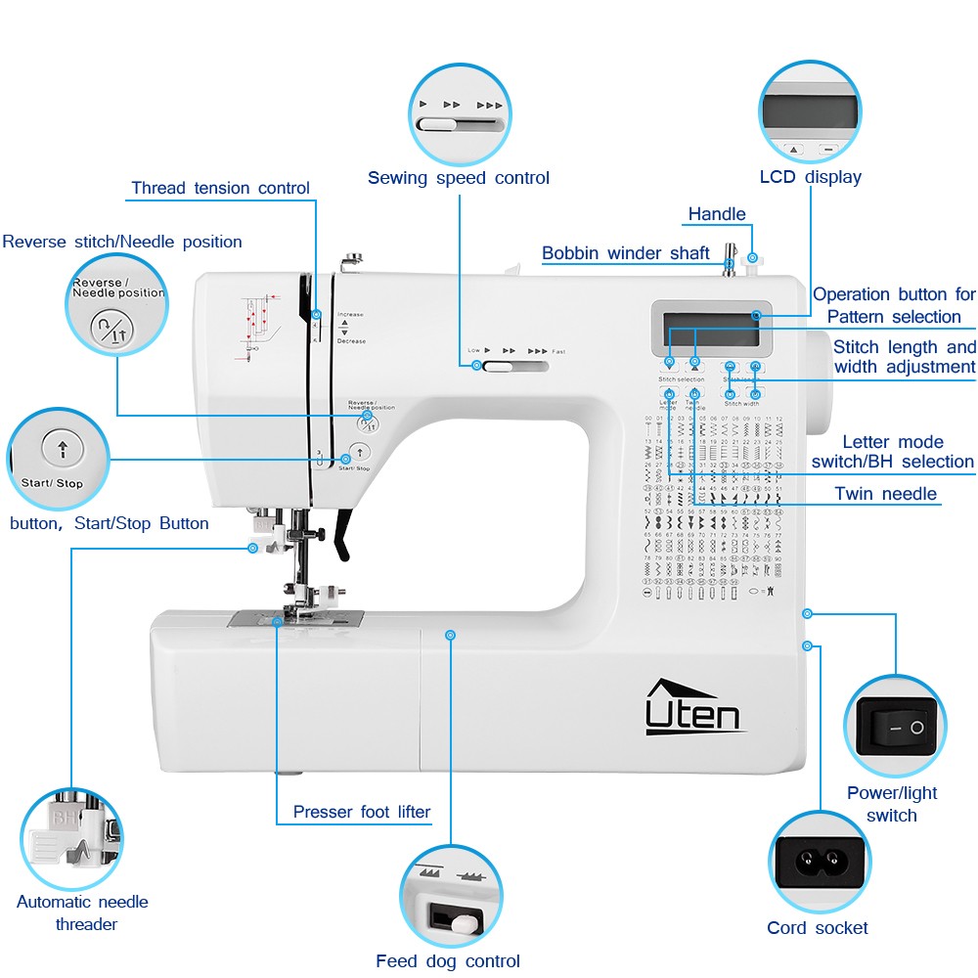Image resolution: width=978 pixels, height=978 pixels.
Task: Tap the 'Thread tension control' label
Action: coord(220,188)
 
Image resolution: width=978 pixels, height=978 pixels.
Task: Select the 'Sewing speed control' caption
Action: coord(458,178)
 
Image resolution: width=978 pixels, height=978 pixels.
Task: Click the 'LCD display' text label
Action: coord(810,177)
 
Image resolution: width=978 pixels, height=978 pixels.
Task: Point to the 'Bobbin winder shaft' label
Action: coord(626,253)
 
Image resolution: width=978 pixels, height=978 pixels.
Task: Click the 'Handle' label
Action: coord(716,214)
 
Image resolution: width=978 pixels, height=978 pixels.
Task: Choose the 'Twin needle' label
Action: coord(885,494)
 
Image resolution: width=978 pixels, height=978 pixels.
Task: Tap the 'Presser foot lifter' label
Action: coord(361,812)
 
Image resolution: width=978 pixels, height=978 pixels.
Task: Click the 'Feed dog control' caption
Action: coord(447,960)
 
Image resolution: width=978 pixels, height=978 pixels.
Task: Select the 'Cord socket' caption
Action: coord(817,927)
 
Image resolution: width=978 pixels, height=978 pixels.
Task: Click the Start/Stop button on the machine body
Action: coord(360,452)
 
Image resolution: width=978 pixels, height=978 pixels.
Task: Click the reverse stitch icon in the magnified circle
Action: coord(110,329)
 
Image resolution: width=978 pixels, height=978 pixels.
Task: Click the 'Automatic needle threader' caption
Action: coord(82,912)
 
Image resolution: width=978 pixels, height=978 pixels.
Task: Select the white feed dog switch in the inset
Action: coord(460,920)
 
